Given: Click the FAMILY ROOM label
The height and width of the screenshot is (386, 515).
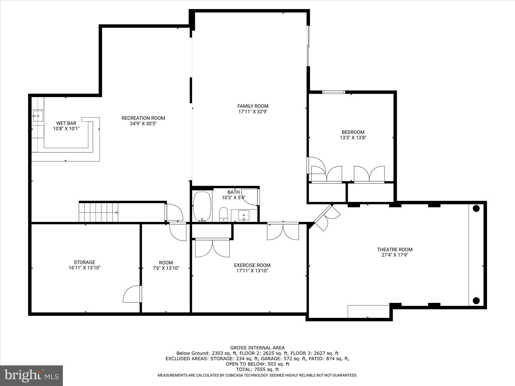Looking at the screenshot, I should click(253, 106).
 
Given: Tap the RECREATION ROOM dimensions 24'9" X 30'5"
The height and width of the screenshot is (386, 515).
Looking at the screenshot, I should click(143, 124).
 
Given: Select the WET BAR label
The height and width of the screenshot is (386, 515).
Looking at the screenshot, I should click(66, 123).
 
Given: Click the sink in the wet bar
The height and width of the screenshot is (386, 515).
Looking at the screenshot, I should click(38, 116).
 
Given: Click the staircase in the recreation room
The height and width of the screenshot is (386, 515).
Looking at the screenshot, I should click(99, 213).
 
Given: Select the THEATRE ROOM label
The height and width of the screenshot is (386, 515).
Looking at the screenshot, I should click(395, 250).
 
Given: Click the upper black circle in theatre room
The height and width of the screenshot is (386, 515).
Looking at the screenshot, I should click(476, 208).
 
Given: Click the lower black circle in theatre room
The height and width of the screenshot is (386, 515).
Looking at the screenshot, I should click(476, 300).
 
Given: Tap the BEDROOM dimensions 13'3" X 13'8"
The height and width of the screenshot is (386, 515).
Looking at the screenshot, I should click(353, 138).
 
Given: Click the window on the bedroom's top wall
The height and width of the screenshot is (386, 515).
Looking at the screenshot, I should click(334, 92).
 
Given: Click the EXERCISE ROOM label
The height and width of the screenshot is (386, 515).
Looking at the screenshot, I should click(252, 265).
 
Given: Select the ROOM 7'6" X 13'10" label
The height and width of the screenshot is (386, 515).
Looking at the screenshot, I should click(166, 265).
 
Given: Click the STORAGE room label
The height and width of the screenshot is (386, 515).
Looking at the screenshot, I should click(84, 262).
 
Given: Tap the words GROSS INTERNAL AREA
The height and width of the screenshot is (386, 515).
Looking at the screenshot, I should click(257, 348).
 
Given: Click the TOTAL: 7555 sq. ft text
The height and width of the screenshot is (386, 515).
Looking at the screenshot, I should click(257, 369).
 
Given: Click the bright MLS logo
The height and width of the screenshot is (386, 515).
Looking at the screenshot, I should click(31, 376).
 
